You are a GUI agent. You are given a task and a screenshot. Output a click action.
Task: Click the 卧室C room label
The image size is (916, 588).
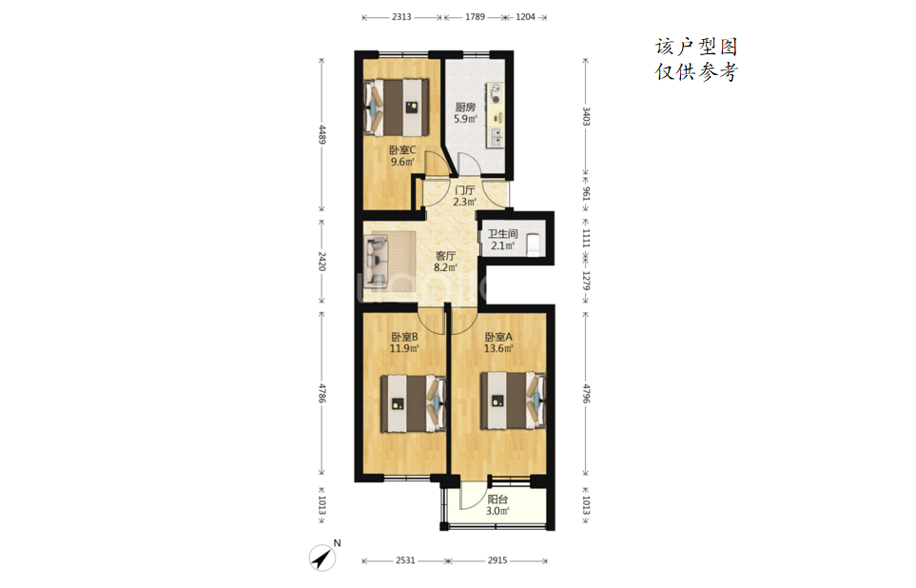[402, 150]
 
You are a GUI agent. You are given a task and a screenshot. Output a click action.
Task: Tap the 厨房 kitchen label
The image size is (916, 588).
[465, 108]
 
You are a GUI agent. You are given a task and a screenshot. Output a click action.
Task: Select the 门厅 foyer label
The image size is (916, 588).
[464, 190]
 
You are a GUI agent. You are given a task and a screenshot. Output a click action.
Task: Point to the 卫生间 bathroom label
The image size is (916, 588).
[503, 234]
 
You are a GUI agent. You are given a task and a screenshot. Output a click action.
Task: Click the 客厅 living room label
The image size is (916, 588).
[445, 256]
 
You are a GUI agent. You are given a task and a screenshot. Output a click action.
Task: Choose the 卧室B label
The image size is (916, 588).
[404, 337]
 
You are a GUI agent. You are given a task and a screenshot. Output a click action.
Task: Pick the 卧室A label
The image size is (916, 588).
[498, 337]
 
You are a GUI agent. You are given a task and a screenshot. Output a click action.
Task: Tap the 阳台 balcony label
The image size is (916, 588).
[497, 500]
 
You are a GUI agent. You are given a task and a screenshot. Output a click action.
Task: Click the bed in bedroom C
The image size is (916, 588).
[397, 107]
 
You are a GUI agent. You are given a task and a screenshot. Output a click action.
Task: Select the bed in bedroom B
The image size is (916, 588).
[413, 403]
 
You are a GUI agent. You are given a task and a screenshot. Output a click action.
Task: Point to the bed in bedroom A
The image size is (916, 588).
[513, 401]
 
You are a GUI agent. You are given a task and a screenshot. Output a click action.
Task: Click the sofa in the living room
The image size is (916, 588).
[377, 261]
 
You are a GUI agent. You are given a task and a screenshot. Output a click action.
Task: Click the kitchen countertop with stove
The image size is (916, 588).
[496, 115]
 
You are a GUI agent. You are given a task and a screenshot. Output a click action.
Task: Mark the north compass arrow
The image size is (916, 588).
[321, 559]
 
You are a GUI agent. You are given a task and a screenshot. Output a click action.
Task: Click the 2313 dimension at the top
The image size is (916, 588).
[401, 17]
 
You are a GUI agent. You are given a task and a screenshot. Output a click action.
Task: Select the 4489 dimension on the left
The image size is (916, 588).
[322, 134]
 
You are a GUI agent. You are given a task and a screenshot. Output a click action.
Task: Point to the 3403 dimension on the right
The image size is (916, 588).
[586, 116]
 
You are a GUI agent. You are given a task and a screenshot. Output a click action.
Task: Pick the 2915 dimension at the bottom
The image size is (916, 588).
[497, 560]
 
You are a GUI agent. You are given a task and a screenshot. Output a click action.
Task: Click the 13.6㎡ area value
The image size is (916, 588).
[498, 349]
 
